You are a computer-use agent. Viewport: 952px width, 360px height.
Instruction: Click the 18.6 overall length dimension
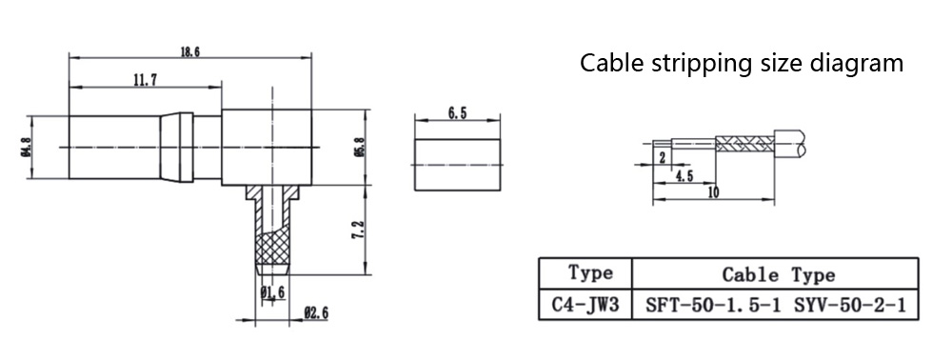189,51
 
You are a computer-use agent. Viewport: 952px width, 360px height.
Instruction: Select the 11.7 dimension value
145,80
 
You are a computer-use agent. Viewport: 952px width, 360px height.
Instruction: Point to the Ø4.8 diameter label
26,147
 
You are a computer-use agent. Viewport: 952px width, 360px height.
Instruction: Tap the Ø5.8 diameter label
360,147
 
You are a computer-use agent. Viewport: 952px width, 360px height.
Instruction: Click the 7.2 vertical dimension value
358,230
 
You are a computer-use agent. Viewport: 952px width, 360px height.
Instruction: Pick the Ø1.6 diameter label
272,292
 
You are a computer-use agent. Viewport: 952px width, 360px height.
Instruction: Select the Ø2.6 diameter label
316,313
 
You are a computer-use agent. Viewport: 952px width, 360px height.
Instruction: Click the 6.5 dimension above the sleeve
457,114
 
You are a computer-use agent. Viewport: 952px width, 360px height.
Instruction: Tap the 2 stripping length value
662,157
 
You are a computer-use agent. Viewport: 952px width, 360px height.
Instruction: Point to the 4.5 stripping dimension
684,176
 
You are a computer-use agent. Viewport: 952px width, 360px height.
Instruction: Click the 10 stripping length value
713,192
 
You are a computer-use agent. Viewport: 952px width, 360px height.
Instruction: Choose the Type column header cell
585,273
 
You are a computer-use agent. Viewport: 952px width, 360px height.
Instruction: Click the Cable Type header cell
775,273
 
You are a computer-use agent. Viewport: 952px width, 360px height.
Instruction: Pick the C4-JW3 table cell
585,305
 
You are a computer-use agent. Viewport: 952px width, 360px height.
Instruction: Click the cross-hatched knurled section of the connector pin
272,249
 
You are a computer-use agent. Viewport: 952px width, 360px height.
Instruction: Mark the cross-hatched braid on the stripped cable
745,144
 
